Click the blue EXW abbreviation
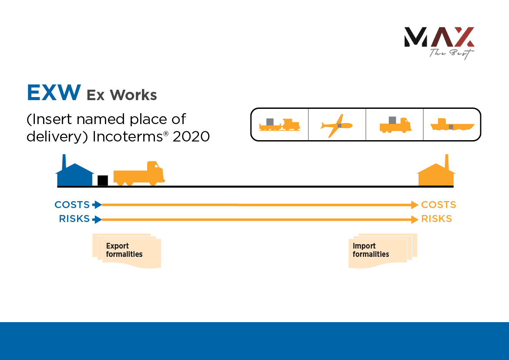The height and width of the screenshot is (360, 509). pos(54,93)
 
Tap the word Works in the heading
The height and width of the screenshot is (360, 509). pos(133,94)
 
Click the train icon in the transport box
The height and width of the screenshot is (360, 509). pos(279,125)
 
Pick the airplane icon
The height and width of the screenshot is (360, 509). pos(337,125)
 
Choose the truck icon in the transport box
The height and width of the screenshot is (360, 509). pos(395,125)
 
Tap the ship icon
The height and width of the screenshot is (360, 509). pos(452,125)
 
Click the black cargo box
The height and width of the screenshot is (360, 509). pos(103,180)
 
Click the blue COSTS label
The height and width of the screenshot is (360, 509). pos(72,205)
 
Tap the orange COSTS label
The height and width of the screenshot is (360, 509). pos(438,205)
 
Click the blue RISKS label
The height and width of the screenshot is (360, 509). pos(74,219)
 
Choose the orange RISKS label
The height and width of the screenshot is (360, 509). pos(436,219)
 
